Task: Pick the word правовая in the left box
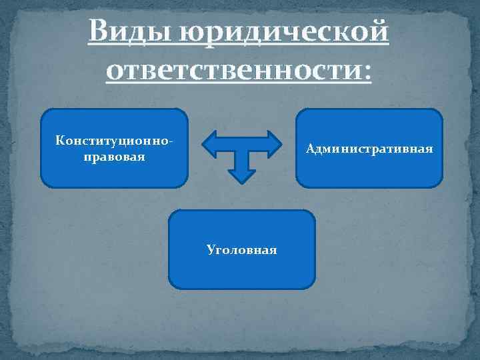(115, 159)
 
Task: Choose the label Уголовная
(241, 249)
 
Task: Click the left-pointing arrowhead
(209, 143)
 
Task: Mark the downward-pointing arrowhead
(242, 175)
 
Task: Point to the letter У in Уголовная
(210, 250)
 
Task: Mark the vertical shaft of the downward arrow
(242, 159)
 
